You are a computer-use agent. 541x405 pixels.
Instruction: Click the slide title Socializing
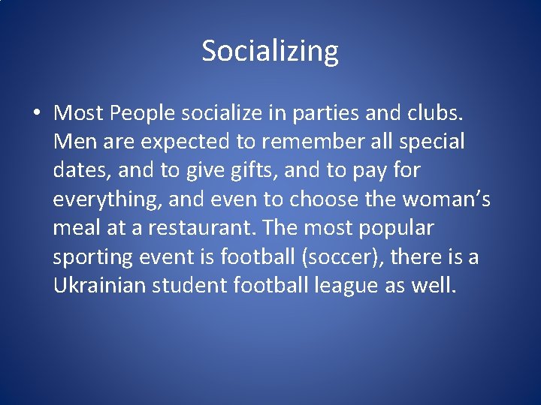[270, 51]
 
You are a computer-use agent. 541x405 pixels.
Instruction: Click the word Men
[71, 141]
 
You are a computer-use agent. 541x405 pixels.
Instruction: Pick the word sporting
[94, 257]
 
